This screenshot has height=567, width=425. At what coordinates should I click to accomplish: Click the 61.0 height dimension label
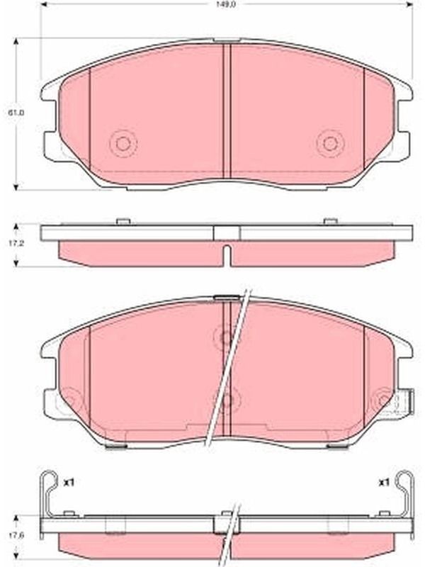coord(16,113)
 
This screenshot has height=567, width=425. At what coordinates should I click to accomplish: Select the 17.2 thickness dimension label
coord(16,244)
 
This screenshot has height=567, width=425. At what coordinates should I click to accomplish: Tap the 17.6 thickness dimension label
coord(16,534)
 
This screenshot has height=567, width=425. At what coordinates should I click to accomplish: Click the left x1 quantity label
coord(69,482)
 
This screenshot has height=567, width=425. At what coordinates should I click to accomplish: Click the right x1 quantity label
coord(383,482)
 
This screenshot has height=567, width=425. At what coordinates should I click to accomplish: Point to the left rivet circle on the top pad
coord(123,144)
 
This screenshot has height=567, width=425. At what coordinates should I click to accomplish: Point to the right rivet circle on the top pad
coord(330,144)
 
